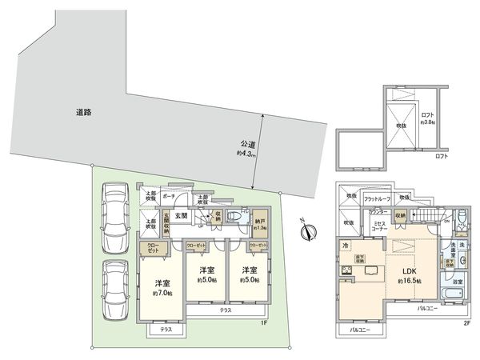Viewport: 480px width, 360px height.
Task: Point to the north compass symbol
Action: point(306,231)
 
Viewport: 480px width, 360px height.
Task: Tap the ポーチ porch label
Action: point(168,195)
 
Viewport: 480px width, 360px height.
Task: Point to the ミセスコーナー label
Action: point(378,226)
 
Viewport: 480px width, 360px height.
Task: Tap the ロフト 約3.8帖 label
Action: point(426,119)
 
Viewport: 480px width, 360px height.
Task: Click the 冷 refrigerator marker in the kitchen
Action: point(345,245)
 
